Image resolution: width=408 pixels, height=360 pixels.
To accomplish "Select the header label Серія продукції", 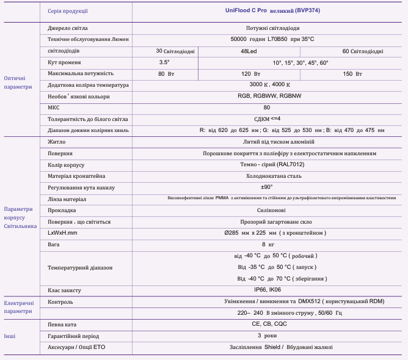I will (x=68, y=11).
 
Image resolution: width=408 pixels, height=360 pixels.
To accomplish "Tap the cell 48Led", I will (x=249, y=51).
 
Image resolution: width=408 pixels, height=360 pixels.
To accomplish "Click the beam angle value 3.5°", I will (x=164, y=62).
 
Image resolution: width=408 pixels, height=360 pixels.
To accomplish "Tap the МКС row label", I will (x=54, y=108).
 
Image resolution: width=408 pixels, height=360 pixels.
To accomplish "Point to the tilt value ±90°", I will (x=267, y=187).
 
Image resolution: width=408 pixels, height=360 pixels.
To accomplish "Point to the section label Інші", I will (x=10, y=336).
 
